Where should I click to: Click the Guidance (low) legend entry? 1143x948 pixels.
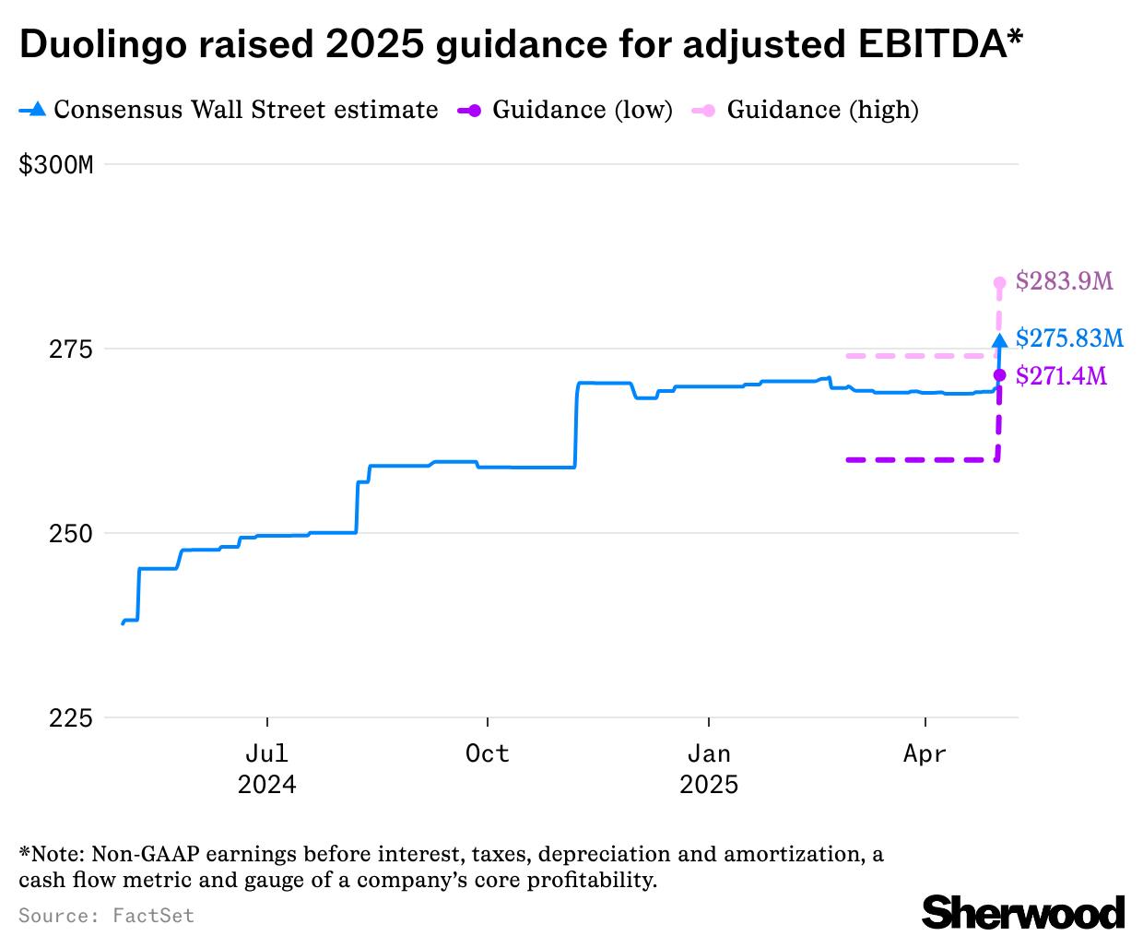565,110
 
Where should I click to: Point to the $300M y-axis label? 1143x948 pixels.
56,165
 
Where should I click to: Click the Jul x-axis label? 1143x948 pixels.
266,753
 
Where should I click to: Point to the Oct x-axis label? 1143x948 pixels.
487,753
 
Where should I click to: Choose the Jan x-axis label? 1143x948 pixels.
708,753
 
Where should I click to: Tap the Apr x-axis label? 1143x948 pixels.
925,753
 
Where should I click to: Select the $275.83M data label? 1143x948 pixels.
1069,338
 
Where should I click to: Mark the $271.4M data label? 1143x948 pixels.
1061,376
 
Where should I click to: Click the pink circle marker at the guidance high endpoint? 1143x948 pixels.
999,283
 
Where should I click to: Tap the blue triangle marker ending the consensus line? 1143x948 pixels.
999,340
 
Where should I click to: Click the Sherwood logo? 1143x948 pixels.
1023,912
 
